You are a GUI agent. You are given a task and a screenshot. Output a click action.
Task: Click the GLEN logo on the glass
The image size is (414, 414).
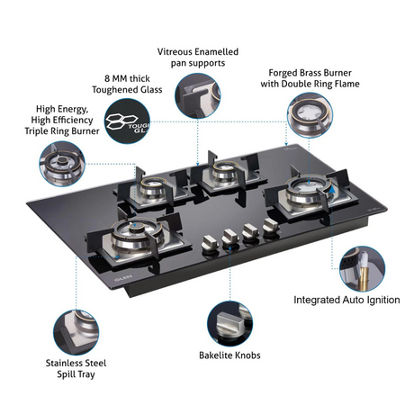click(x=123, y=278)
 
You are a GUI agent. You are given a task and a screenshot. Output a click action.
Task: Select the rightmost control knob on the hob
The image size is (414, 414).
click(x=271, y=227)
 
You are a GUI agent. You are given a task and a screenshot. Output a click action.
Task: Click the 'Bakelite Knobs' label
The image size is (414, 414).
click(x=229, y=355)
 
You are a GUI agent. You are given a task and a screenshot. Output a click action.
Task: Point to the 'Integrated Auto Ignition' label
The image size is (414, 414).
click(x=346, y=300)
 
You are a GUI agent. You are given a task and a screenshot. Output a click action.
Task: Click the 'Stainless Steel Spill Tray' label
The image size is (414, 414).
click(x=76, y=369)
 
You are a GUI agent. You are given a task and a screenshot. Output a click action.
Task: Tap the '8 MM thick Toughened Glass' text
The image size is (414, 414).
click(x=127, y=84)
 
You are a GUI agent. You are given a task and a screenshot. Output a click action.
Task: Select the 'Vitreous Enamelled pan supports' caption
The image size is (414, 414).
click(x=198, y=58)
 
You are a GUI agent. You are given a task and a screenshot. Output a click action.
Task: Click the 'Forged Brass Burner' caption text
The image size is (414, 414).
click(x=310, y=73)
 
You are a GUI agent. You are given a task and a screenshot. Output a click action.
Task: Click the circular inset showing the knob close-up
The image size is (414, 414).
click(x=230, y=324)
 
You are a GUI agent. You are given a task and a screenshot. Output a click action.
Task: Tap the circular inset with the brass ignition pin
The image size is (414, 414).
click(x=362, y=269)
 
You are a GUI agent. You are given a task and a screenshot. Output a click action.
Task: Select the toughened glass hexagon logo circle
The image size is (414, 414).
click(x=127, y=121)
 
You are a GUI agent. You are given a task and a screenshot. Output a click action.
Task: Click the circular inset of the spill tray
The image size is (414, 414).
click(x=76, y=332)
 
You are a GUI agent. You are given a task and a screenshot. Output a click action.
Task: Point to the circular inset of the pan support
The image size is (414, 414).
click(x=198, y=95)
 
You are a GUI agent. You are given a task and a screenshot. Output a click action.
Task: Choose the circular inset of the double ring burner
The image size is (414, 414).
click(x=310, y=115)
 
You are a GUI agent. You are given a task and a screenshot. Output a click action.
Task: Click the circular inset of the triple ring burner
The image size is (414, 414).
click(x=62, y=164)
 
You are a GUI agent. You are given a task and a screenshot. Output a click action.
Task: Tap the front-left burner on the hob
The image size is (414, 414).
click(x=138, y=236)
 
